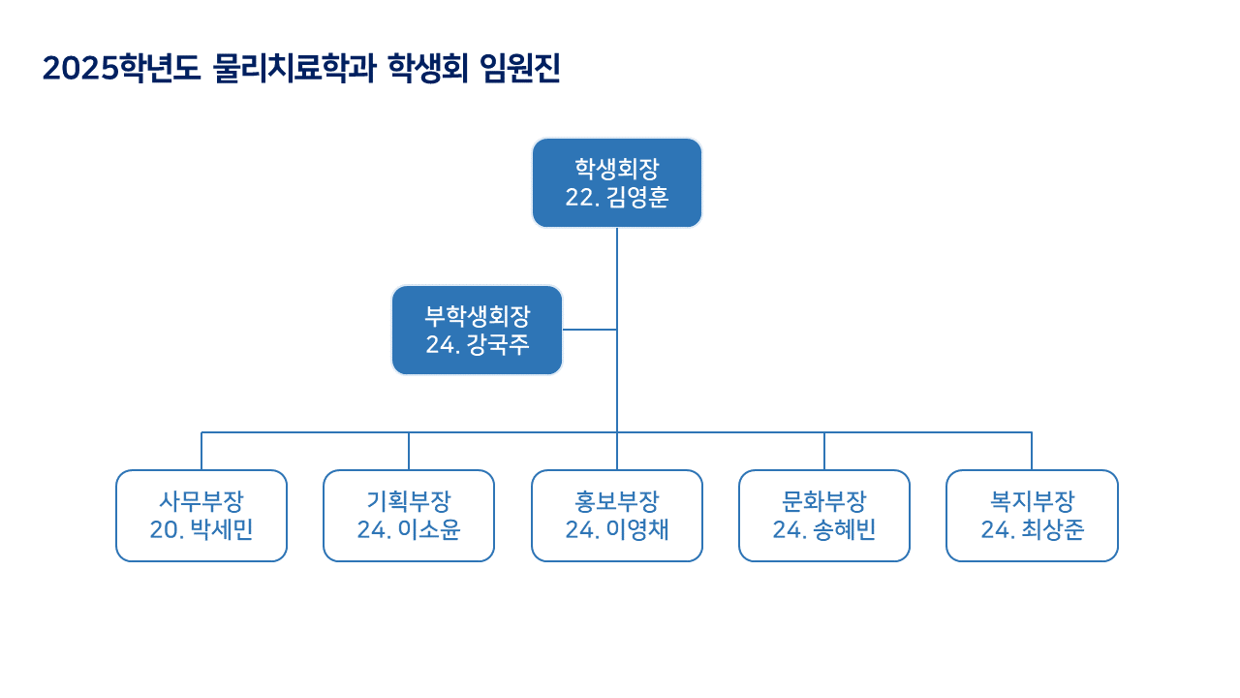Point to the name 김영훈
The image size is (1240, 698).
637,198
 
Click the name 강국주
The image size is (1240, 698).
498,345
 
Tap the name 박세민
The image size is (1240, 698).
222,530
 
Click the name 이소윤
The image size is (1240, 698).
429,530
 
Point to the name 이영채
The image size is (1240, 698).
637,530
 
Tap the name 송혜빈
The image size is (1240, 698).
845,530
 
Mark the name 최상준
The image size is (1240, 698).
1053,530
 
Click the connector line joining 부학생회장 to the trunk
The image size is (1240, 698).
589,330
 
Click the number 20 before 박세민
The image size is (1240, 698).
161,530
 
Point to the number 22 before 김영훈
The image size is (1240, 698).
577,198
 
